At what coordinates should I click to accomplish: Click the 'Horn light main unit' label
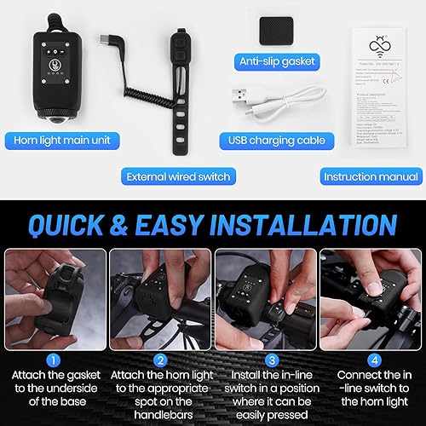pyautogui.click(x=58, y=139)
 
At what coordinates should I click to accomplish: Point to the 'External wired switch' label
pyautogui.click(x=178, y=176)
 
